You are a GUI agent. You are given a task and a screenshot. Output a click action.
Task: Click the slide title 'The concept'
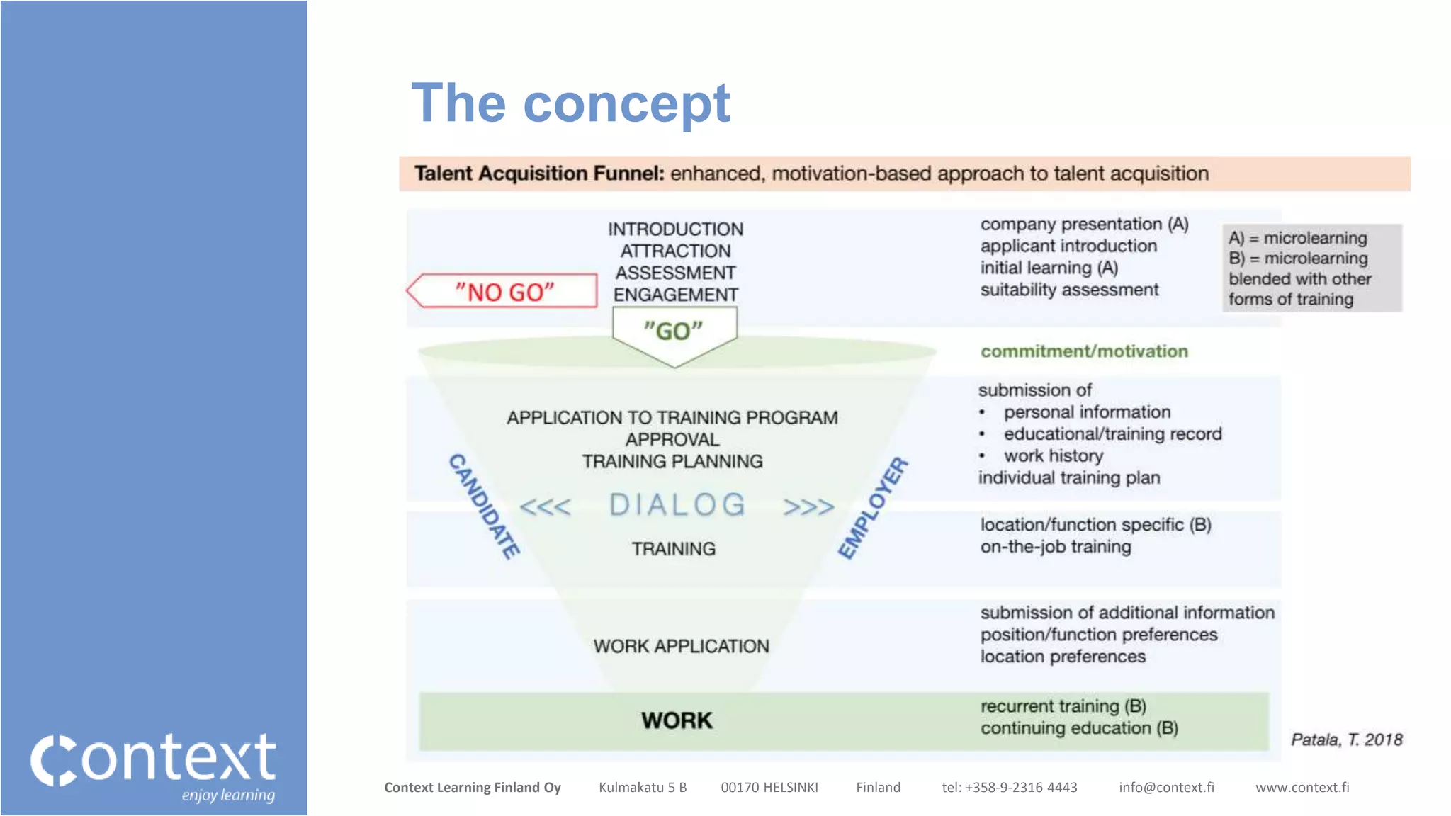[x=570, y=103]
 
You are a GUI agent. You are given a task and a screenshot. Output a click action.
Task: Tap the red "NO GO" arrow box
[x=504, y=291]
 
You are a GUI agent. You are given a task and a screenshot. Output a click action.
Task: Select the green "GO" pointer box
[x=674, y=331]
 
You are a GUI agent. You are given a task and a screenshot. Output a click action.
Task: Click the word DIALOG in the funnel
[x=677, y=505]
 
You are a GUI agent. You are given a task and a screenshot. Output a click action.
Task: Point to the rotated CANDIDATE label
[x=485, y=506]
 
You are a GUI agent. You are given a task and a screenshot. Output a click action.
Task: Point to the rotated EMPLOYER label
[x=873, y=507]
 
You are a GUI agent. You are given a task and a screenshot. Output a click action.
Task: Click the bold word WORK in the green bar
[x=677, y=720]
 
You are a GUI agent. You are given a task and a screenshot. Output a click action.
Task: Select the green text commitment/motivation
[x=1084, y=351]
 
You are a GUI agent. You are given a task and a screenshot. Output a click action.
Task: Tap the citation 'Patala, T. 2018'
[x=1346, y=739]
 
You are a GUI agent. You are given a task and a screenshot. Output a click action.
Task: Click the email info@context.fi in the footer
[x=1166, y=787]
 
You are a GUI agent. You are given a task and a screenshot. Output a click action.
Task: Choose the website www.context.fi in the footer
[x=1302, y=787]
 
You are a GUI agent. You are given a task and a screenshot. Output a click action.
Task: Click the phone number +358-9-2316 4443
[x=1020, y=787]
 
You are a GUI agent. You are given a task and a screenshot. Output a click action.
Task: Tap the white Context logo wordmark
[x=154, y=759]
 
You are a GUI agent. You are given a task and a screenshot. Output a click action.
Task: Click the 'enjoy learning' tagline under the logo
[x=228, y=795]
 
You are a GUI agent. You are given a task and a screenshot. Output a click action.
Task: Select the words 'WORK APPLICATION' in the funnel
[x=681, y=646]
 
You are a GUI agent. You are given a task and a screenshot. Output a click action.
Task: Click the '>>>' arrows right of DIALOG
[x=808, y=507]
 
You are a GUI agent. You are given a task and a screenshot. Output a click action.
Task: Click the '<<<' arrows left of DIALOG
[x=545, y=507]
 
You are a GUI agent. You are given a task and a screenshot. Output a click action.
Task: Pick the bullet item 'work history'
[x=1053, y=455]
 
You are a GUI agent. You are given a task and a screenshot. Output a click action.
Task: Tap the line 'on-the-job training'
[x=1056, y=547]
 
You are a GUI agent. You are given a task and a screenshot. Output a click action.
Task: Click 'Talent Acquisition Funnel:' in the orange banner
[x=539, y=174]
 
